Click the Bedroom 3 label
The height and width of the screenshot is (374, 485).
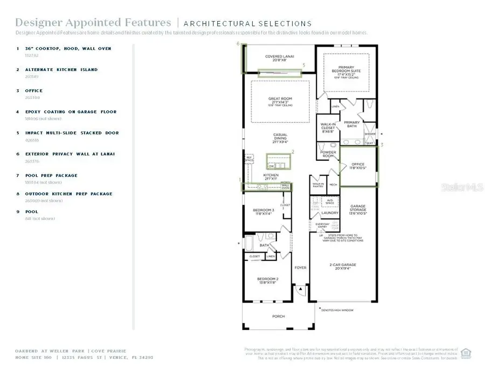pos(265,211)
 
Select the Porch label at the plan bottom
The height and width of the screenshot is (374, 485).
pos(278,316)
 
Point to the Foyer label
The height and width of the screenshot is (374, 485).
pos(300,267)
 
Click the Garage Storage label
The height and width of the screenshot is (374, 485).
pos(358,208)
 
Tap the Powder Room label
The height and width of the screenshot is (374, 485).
pos(328,154)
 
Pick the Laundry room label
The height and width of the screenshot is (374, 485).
pos(329,213)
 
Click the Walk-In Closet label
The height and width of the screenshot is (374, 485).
pos(328,127)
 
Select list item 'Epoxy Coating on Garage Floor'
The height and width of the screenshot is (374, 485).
pos(70,112)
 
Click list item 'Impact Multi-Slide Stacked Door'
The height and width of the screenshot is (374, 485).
pos(72,133)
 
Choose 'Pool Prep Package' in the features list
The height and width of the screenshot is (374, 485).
pos(51,175)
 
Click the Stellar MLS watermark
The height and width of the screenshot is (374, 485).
pos(461,187)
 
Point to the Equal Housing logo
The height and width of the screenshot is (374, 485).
pos(467,352)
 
